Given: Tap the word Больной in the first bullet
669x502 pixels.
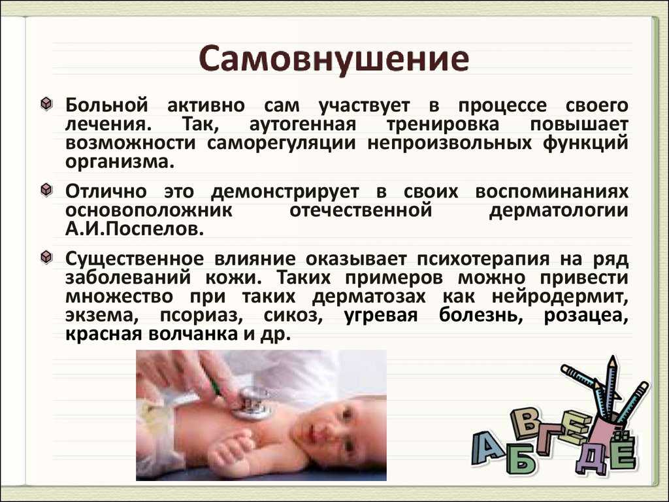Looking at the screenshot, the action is click(x=106, y=105).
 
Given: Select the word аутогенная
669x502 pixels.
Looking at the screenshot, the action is click(x=302, y=124).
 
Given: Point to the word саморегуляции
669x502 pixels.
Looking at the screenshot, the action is click(x=281, y=142).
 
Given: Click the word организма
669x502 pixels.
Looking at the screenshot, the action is click(x=120, y=162).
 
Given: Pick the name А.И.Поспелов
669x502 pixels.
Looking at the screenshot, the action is click(x=135, y=229).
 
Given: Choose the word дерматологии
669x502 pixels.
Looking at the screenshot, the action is click(x=559, y=211).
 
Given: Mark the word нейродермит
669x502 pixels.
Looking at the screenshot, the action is click(x=560, y=296).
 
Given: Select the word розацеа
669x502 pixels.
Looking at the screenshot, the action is click(x=586, y=316).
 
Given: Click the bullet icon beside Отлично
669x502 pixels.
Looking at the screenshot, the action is click(x=46, y=190).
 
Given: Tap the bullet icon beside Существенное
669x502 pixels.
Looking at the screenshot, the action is click(x=46, y=258).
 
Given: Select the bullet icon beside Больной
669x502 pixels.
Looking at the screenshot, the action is click(x=46, y=104).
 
